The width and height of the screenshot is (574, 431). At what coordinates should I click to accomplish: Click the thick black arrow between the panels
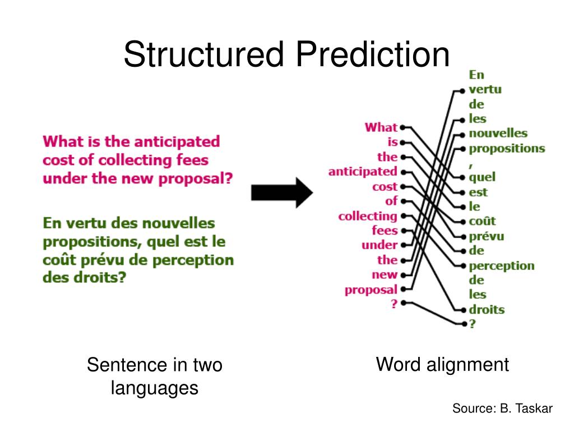(x=281, y=192)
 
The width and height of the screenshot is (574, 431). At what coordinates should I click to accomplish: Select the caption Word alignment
(x=442, y=365)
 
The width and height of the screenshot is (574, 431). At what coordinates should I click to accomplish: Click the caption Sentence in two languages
(x=155, y=376)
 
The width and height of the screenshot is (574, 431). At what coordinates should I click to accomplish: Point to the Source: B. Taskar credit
(x=502, y=409)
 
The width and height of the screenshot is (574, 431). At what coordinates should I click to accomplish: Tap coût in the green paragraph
(x=59, y=260)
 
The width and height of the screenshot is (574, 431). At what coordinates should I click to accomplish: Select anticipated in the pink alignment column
(x=363, y=171)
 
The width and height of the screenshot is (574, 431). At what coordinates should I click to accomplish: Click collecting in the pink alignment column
(x=367, y=216)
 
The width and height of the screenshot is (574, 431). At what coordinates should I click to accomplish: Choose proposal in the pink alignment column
(x=371, y=290)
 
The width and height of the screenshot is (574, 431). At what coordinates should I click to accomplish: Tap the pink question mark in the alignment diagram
(x=394, y=304)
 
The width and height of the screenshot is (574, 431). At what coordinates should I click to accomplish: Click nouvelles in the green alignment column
(x=498, y=134)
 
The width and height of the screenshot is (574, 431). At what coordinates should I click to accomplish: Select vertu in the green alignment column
(x=485, y=90)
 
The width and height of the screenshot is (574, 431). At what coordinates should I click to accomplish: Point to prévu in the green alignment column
(x=486, y=236)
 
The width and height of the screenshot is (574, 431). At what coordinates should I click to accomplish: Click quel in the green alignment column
(x=482, y=177)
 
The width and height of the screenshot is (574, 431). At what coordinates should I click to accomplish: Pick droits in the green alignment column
(x=487, y=309)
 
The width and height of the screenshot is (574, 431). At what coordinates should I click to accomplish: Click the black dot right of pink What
(x=402, y=127)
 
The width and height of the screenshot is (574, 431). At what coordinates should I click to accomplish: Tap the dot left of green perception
(x=463, y=265)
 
